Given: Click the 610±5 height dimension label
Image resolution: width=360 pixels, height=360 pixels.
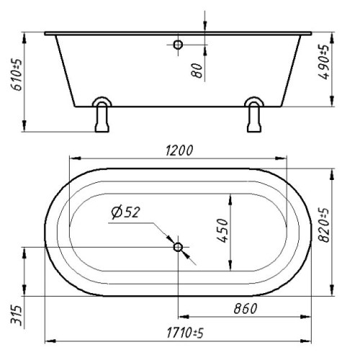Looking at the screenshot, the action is (x=17, y=75).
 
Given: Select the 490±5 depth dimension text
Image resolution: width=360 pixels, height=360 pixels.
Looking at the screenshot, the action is (x=323, y=62).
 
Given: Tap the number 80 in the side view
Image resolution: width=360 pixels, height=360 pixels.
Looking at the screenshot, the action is (x=197, y=71).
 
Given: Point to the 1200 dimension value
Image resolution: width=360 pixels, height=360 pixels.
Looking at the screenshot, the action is (x=179, y=150).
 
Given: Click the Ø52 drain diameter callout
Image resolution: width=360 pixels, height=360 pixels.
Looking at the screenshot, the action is (x=125, y=212).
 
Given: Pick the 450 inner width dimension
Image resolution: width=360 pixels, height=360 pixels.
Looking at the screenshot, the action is (x=222, y=230).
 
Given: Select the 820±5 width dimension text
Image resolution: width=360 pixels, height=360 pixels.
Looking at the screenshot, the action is (x=323, y=225).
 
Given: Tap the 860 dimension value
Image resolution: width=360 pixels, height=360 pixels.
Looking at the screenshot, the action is (x=246, y=308).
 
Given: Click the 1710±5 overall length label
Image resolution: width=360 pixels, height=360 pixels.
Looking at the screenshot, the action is (x=185, y=333).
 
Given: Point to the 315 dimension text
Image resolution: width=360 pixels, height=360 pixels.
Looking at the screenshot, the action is (x=17, y=315).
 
